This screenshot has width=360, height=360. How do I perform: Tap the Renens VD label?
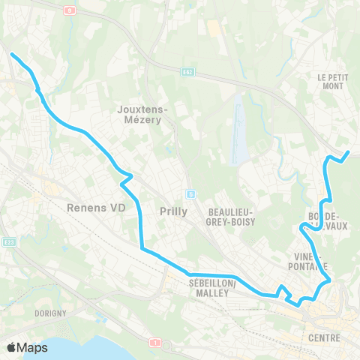[94, 207]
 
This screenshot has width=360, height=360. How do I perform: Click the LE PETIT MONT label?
[330, 82]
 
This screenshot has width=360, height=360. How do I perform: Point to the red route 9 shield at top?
[69, 10]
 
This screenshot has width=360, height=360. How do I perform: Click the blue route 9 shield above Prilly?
[190, 194]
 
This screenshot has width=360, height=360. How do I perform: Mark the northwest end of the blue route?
[10, 53]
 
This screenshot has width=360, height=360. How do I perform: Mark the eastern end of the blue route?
[349, 152]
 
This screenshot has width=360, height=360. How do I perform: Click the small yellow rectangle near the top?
[214, 28]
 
